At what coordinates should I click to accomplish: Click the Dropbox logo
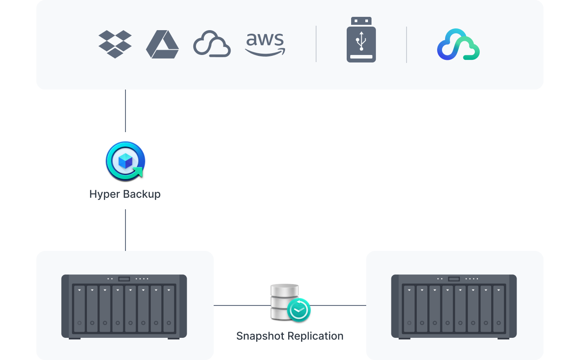[115, 44]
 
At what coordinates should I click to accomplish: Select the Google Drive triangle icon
[162, 45]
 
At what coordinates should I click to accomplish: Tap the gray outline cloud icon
[212, 44]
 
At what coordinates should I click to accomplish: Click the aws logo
[265, 44]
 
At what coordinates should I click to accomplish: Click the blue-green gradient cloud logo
[458, 45]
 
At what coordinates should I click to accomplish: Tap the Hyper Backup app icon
[125, 160]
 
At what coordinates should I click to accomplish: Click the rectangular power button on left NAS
[124, 279]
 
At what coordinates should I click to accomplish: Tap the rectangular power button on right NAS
[454, 279]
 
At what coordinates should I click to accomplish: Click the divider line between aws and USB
[316, 44]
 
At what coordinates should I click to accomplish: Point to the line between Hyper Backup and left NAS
[125, 230]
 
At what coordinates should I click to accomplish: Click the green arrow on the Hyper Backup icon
[138, 171]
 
